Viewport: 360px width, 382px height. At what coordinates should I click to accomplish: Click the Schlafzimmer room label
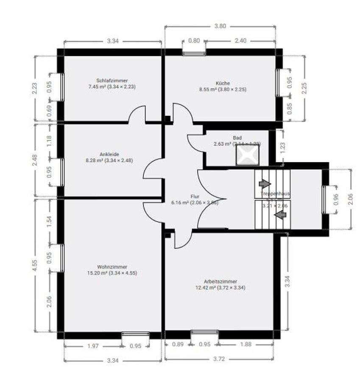coord(112,80)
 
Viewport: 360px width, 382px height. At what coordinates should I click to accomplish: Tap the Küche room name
coord(223,83)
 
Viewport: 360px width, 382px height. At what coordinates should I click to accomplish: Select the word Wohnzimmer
coord(112,267)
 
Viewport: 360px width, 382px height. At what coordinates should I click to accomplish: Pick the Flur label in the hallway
coord(195,197)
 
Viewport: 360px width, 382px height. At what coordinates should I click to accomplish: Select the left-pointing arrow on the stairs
coord(279,215)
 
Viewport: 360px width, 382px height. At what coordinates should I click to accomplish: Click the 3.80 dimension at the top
coord(220,26)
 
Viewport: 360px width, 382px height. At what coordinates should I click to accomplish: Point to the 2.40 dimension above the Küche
coord(240,41)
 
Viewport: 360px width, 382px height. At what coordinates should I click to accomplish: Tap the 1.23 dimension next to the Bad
coord(283,148)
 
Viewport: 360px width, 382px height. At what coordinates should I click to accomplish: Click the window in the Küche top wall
coord(194,53)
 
